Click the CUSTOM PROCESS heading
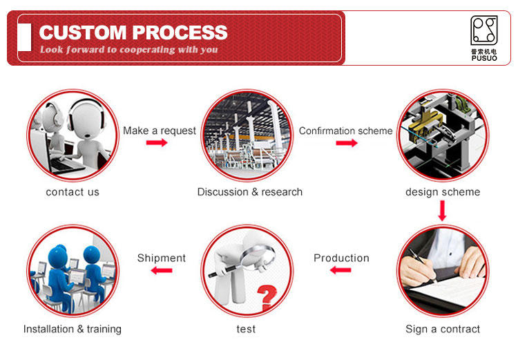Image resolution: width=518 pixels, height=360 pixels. (x=133, y=32)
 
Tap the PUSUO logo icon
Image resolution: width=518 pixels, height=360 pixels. (x=484, y=31)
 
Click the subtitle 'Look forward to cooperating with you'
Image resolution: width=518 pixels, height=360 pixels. (x=128, y=50)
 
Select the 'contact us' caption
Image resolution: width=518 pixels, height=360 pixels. (x=73, y=192)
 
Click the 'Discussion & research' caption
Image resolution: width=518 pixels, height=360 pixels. (x=249, y=192)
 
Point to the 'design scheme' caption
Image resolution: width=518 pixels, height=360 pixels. (x=443, y=192)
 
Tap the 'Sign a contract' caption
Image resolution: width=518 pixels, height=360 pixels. (x=443, y=329)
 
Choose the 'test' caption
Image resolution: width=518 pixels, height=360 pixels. (x=246, y=329)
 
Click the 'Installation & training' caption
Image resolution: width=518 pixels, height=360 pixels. (x=73, y=329)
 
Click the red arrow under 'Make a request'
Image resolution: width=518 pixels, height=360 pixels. (x=157, y=143)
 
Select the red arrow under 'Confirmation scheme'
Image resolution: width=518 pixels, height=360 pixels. (x=347, y=143)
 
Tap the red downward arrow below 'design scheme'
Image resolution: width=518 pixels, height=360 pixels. (x=443, y=211)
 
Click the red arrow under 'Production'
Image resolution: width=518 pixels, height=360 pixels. (x=340, y=269)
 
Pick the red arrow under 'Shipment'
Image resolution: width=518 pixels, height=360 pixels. (x=162, y=269)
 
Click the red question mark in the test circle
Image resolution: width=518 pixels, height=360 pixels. (x=267, y=299)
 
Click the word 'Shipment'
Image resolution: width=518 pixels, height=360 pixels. (x=162, y=258)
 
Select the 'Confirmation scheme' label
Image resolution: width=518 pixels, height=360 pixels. (x=345, y=131)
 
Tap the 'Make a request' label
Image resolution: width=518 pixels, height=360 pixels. (x=160, y=131)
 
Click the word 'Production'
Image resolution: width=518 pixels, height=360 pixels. (x=341, y=258)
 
